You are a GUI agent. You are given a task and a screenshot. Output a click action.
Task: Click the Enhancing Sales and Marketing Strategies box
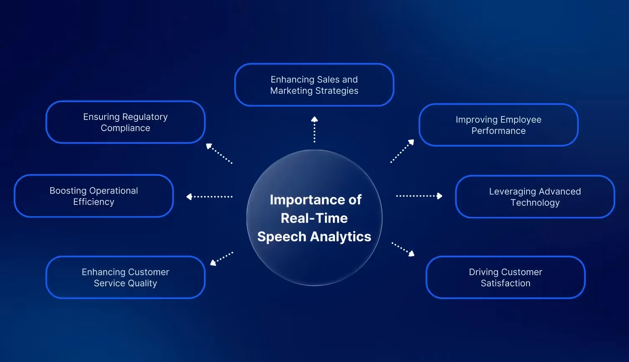coord(314,85)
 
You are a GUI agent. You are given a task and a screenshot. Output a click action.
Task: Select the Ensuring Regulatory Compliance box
coord(125,122)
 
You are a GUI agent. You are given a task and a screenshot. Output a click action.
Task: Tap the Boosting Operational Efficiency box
coord(94,196)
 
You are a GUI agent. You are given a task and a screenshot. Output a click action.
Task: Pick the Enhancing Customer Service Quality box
coord(125,277)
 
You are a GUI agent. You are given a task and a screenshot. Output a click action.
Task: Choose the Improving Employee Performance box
coord(499,125)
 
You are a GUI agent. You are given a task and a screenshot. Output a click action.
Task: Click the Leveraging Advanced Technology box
coord(535,197)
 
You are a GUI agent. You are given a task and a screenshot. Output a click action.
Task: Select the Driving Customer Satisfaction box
coord(505,277)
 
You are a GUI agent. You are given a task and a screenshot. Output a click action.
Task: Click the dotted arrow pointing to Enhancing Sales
coord(314,129)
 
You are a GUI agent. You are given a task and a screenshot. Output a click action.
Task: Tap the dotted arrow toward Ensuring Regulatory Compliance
coord(219,153)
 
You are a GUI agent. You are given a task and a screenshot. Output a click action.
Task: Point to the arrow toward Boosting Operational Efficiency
coord(209,197)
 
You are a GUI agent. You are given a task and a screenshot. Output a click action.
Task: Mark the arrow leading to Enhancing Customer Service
coord(221,259)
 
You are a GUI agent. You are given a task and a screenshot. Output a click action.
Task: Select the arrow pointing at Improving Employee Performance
coord(402,151)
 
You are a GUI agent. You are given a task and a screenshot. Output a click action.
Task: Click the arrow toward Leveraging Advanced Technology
coord(419,196)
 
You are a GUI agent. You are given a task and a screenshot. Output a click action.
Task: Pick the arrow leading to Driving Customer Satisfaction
coord(403,249)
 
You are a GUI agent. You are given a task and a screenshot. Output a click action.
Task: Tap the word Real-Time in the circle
coord(314,218)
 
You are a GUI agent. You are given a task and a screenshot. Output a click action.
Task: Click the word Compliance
coord(125,128)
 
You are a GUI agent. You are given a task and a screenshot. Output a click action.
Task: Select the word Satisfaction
coord(505,283)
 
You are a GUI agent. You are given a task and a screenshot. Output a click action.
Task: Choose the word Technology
coord(535,203)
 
